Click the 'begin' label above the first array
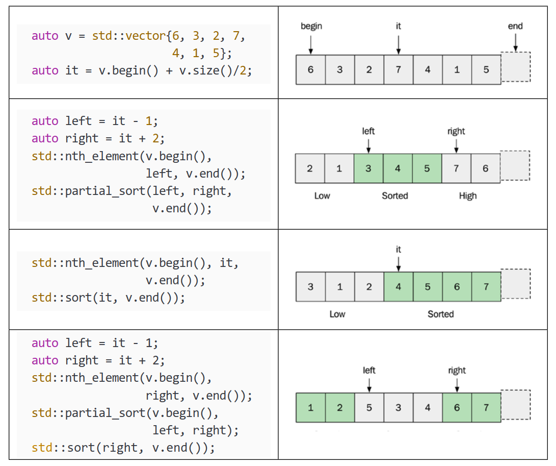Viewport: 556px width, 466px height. (x=311, y=26)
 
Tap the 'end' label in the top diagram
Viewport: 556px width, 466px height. (x=515, y=26)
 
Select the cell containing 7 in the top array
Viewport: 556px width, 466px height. (x=399, y=70)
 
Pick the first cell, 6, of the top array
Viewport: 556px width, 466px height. (x=311, y=70)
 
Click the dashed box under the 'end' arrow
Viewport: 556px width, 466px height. (x=516, y=67)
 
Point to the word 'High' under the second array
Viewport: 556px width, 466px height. (x=467, y=195)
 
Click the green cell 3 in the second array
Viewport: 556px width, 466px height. (x=368, y=168)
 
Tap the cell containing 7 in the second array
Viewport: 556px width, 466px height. (x=456, y=168)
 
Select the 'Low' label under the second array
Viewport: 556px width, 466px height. (x=322, y=195)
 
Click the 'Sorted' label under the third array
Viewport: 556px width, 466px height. (x=440, y=314)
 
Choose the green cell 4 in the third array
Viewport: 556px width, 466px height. (x=399, y=287)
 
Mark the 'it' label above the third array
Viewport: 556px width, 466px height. (x=399, y=250)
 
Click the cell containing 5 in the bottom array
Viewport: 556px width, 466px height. (x=369, y=407)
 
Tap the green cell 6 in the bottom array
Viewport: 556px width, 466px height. (x=457, y=407)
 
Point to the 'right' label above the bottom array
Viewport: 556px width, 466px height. (x=457, y=371)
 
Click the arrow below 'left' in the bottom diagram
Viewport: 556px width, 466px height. (x=369, y=384)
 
